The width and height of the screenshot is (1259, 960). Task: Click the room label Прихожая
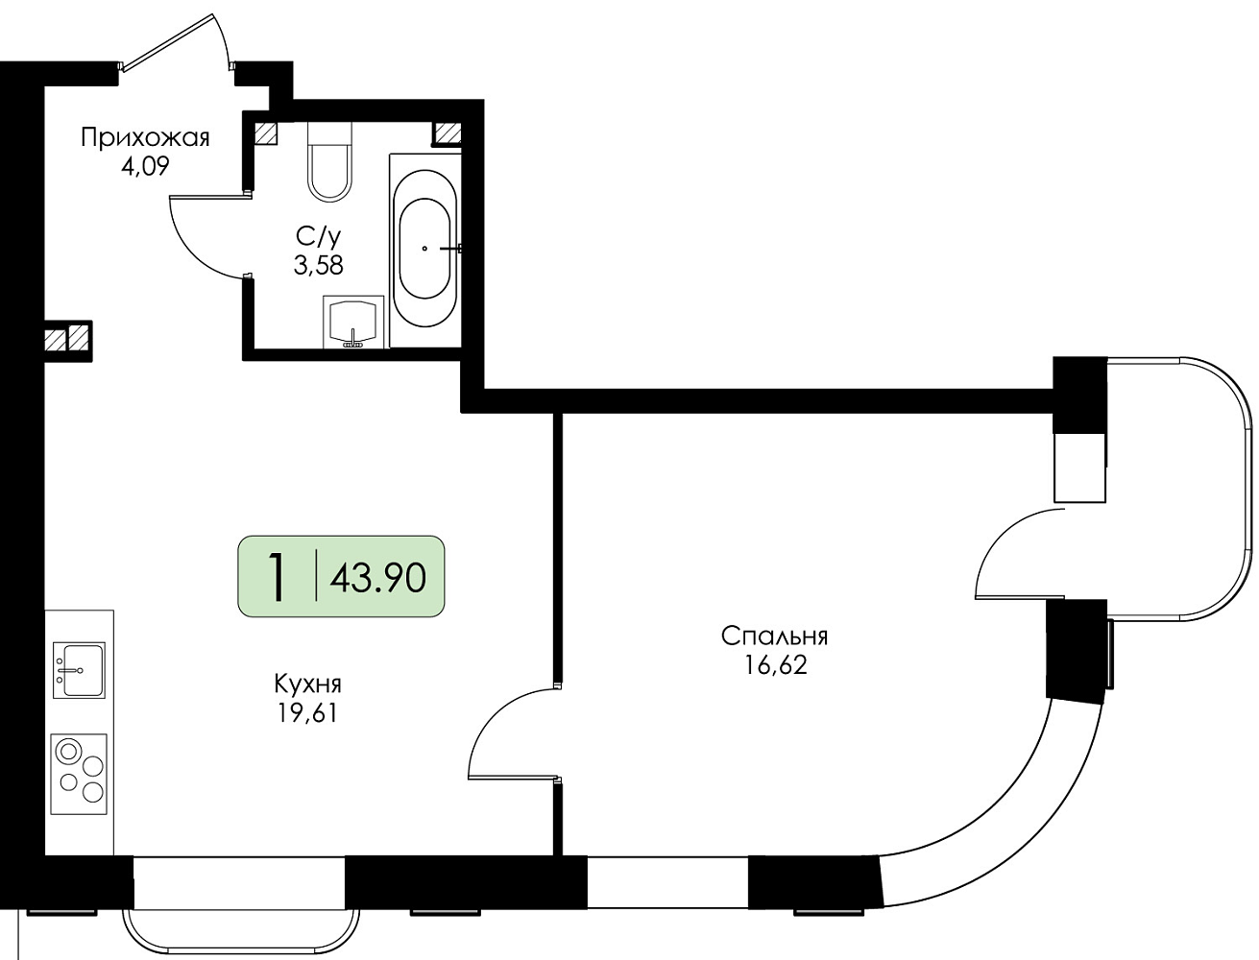pos(145,138)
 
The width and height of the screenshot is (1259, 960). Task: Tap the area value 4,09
pos(145,167)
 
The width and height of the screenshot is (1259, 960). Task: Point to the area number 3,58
pos(318,265)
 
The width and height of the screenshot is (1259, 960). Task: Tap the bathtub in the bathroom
pos(425,250)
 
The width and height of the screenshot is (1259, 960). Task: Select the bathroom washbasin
pos(353,323)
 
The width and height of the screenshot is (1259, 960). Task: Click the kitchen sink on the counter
pos(79,670)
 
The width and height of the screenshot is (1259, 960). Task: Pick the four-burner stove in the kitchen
pos(79,775)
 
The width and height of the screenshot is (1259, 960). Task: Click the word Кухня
pos(308,684)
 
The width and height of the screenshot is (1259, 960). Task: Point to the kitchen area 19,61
pos(308,713)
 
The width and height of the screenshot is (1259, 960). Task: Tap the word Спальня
pos(774,636)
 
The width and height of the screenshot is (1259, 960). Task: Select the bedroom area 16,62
pos(776,665)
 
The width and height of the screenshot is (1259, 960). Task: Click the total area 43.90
pos(378,577)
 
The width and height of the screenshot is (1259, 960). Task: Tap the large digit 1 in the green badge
pos(278,577)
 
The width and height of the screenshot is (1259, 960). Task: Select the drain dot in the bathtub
pos(424,249)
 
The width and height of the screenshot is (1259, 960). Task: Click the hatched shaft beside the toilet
pos(266,133)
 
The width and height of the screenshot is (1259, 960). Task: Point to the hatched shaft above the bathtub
pos(448,133)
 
